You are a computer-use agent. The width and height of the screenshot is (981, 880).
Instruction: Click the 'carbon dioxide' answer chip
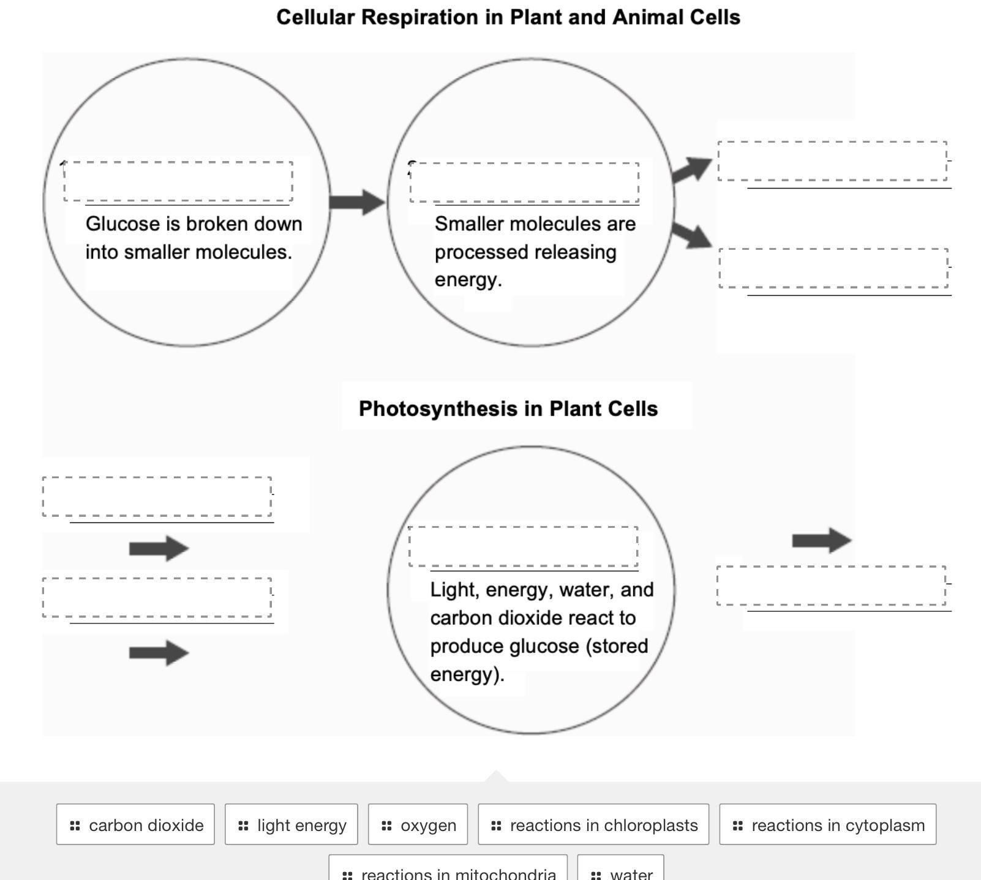click(x=135, y=825)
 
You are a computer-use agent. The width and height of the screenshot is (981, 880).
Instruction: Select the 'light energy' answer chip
click(x=291, y=825)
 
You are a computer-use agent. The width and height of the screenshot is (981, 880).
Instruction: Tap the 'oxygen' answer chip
click(x=418, y=825)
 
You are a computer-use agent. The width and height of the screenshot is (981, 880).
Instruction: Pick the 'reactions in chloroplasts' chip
click(x=593, y=825)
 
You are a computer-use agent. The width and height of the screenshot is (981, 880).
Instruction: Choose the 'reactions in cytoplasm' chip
click(x=827, y=825)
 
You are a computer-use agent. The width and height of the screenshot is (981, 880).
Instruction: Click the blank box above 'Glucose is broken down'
click(x=178, y=181)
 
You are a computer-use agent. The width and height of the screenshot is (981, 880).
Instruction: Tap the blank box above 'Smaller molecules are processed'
click(x=524, y=182)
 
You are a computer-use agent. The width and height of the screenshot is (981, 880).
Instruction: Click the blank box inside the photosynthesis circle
click(x=523, y=546)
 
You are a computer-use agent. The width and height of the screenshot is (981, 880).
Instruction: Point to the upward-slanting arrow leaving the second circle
click(x=693, y=170)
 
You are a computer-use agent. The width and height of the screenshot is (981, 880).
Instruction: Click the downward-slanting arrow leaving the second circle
click(x=693, y=235)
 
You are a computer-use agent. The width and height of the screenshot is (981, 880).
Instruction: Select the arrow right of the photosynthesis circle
click(x=821, y=540)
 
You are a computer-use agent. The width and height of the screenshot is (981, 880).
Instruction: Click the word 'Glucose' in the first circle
click(x=122, y=224)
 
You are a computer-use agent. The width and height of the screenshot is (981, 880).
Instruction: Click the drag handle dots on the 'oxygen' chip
click(x=386, y=825)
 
